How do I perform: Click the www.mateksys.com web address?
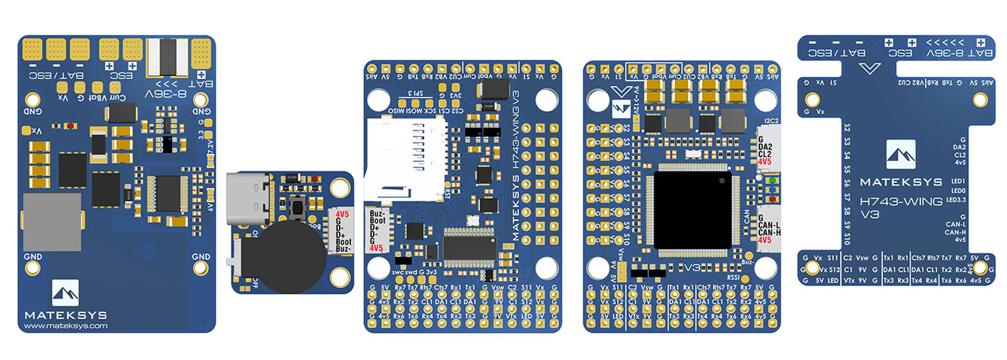[66, 326]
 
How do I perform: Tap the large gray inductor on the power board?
[52, 222]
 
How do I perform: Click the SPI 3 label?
[416, 93]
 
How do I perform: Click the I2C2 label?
[771, 121]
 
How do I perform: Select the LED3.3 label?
[955, 199]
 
